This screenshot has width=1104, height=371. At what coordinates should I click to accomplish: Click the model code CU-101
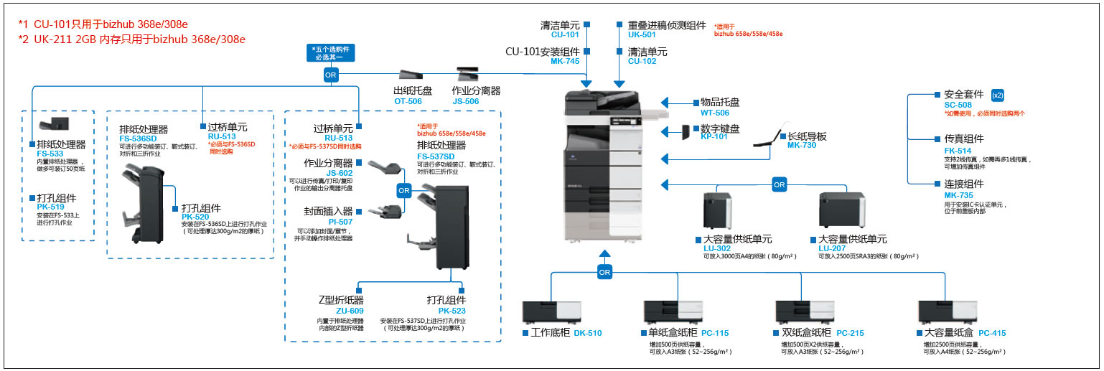564,34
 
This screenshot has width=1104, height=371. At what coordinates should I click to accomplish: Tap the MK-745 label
565,62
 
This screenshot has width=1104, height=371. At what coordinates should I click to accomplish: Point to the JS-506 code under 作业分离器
466,101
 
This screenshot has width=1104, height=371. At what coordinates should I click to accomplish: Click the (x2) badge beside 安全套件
997,95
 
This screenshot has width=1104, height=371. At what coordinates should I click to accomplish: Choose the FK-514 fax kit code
958,151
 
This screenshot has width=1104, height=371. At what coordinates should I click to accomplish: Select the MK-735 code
958,195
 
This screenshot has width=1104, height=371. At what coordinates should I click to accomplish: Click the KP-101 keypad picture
685,131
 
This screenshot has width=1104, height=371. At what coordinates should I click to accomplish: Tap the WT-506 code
714,113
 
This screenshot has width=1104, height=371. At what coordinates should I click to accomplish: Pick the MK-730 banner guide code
802,146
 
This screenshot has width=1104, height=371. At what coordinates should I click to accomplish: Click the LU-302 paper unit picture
717,210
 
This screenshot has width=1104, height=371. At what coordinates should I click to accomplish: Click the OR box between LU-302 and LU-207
779,185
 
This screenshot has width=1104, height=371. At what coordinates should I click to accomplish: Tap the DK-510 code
587,333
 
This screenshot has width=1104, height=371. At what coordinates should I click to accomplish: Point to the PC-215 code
851,333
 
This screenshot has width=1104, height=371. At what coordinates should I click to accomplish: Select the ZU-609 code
350,311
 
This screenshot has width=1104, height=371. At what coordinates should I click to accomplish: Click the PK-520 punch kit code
195,217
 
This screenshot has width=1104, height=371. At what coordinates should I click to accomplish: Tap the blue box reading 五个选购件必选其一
330,52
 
